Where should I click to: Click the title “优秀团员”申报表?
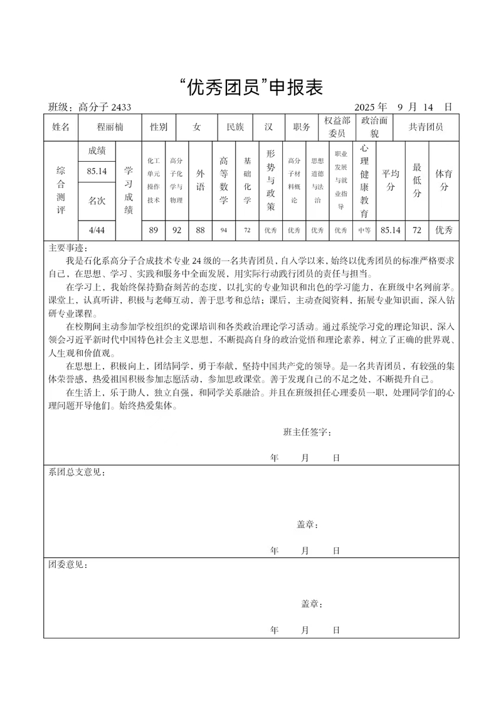[250, 88]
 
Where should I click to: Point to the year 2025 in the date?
[366, 107]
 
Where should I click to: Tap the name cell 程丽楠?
[110, 127]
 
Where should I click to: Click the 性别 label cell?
[159, 127]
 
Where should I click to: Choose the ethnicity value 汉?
[268, 127]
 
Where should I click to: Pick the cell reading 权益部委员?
[337, 127]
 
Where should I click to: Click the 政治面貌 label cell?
[374, 127]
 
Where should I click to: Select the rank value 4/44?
[97, 230]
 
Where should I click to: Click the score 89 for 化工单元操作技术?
[154, 230]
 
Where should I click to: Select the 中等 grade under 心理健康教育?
[364, 230]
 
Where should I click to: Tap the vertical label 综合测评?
[61, 191]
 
